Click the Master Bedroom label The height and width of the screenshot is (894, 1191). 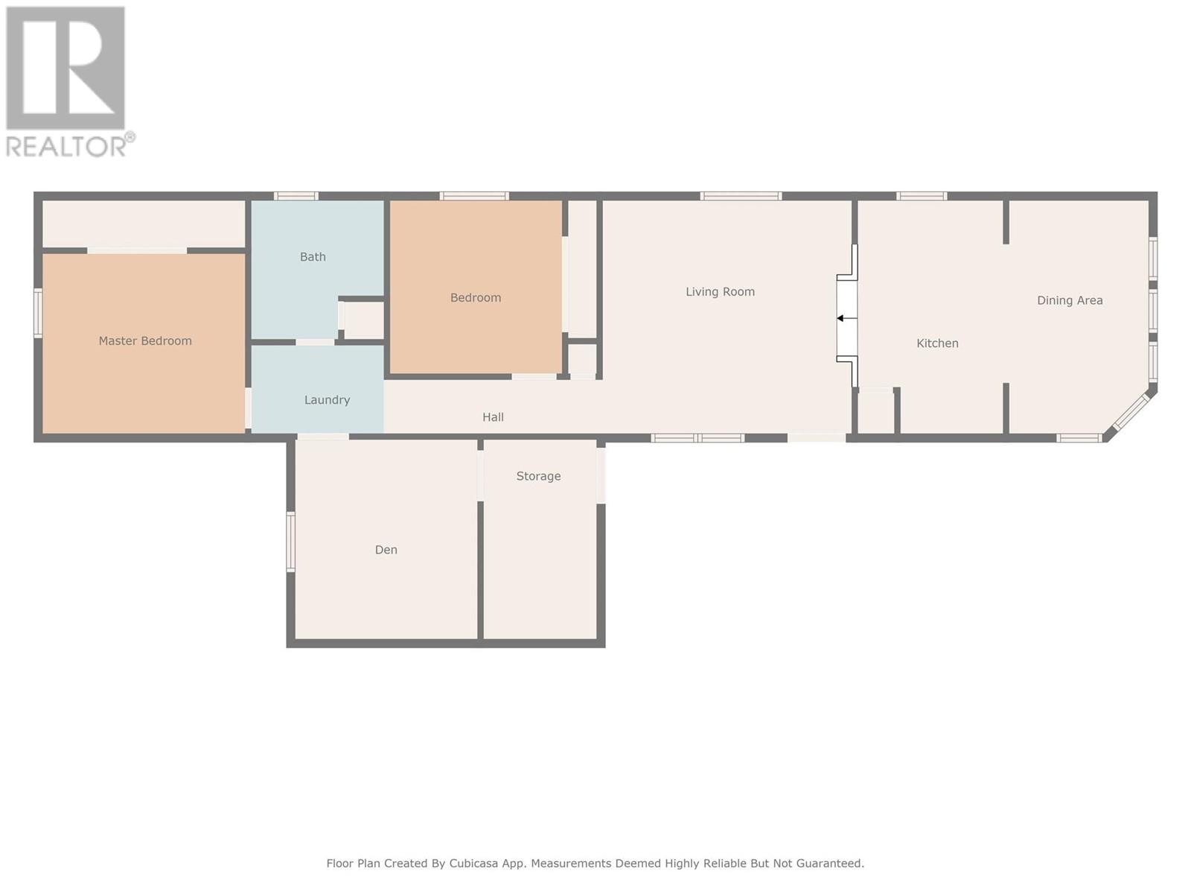145,341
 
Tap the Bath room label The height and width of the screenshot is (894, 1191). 313,257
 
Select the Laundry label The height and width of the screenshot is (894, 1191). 328,400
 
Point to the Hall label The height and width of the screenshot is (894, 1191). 494,417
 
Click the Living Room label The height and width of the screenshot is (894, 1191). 720,292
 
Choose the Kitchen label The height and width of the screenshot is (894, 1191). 937,343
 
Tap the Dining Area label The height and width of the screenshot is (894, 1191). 1070,300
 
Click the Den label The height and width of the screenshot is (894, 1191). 386,550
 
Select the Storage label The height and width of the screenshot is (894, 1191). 538,476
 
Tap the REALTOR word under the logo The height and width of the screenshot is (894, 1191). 66,147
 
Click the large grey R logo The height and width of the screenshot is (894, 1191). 66,68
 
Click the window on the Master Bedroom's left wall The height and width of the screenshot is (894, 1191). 38,313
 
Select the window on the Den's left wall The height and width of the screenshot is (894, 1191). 291,542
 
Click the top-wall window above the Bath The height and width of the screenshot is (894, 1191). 296,196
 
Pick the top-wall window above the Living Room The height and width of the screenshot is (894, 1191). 741,196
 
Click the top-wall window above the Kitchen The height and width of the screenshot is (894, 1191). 922,196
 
